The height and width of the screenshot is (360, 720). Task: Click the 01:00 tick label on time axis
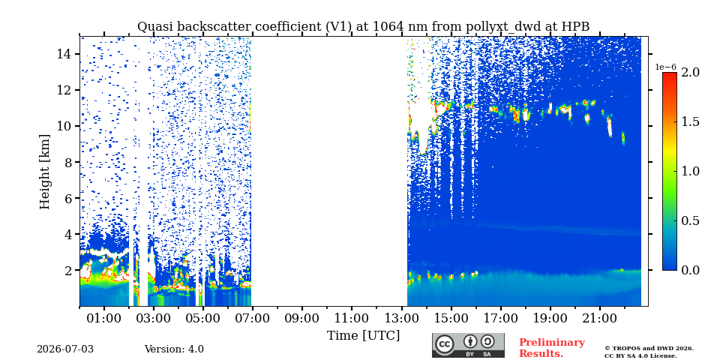point(104,318)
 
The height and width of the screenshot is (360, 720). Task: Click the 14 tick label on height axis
point(63,54)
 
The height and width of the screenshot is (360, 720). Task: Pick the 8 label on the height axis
point(67,162)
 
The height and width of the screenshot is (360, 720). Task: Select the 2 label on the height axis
point(67,271)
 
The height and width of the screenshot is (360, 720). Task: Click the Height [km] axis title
point(44,172)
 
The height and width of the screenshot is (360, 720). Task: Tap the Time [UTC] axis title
point(363,336)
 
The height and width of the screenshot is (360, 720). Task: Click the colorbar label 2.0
point(690,72)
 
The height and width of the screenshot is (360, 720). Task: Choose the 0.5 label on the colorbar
point(690,220)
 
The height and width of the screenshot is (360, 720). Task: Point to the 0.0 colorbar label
point(690,271)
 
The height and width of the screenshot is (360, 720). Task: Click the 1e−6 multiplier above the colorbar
point(665,67)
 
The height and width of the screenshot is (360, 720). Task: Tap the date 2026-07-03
point(65,349)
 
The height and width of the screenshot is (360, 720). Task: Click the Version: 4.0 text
point(174,349)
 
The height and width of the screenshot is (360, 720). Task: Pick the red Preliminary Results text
point(552,348)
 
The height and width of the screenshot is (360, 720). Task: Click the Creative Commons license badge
point(468,345)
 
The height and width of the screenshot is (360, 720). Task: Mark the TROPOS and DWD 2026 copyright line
point(649,349)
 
